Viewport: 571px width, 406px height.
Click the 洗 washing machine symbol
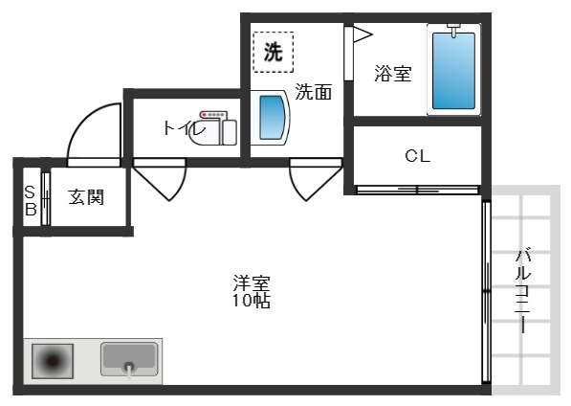274,52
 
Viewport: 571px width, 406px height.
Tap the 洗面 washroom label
313,92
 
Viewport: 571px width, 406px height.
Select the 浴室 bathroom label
393,74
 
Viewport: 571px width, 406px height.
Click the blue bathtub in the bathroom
453,71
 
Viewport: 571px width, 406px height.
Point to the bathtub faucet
453,30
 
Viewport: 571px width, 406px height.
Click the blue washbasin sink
272,118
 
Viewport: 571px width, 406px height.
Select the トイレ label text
184,128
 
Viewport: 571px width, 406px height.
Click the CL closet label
417,156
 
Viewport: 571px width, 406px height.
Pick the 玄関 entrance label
86,197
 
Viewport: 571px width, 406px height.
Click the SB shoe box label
31,200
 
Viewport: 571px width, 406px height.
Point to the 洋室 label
252,283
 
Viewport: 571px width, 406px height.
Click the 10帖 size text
252,301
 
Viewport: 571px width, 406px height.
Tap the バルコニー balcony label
523,290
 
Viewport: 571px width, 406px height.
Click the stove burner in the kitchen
53,361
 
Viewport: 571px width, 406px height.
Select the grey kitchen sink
129,359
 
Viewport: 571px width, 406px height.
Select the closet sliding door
417,190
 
